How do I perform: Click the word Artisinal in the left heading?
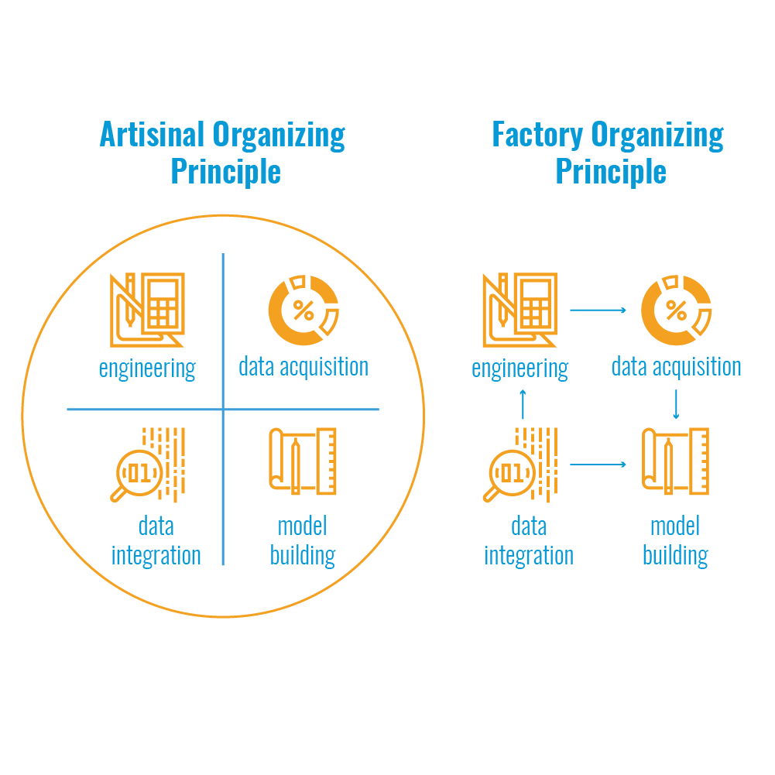pos(152,135)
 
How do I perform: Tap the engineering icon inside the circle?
pos(147,310)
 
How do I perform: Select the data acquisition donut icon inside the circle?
pos(303,310)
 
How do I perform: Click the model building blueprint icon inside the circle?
pos(303,461)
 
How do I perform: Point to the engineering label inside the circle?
pos(147,368)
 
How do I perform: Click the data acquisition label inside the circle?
pos(303,366)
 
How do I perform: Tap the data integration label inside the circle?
pos(156,540)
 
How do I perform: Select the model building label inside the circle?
pos(303,540)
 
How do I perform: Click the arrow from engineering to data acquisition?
pos(598,310)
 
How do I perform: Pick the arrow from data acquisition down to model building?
pos(677,404)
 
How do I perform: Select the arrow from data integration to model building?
pos(598,465)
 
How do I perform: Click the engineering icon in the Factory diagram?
pos(520,310)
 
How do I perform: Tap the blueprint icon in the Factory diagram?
pos(676,461)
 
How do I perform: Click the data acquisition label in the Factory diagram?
pos(677,366)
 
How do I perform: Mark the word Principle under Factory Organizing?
pos(611,171)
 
